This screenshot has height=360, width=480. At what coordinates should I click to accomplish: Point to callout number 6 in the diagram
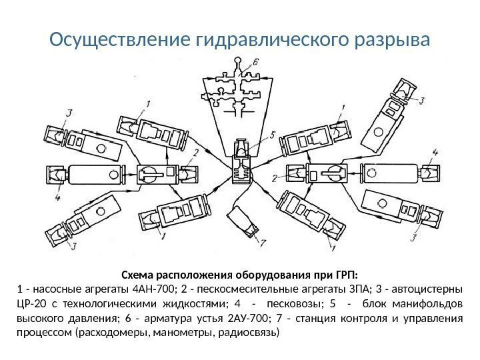pos(256,62)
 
